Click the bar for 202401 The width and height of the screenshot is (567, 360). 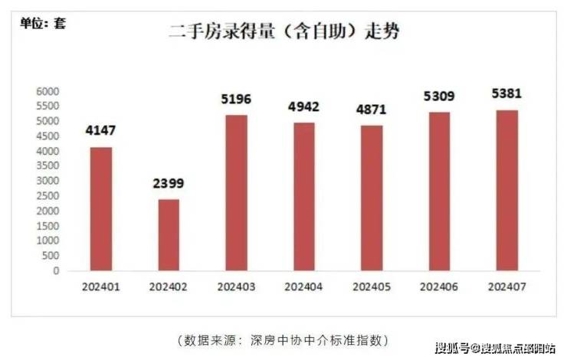(x=101, y=208)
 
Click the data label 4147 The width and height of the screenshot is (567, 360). (x=101, y=131)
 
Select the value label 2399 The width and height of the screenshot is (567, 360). (x=169, y=184)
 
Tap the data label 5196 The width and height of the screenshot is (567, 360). (x=235, y=100)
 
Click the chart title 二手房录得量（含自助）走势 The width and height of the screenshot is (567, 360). (x=284, y=33)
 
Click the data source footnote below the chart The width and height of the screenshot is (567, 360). (x=283, y=339)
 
